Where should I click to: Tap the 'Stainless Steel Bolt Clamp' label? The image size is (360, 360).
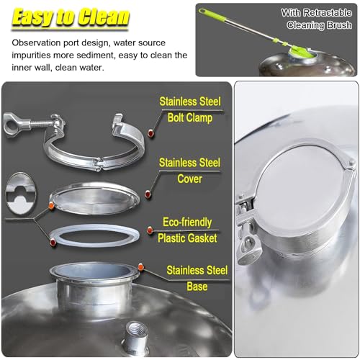(x=190, y=109)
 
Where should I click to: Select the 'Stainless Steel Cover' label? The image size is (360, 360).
(x=190, y=170)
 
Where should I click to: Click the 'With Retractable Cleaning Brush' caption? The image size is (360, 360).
(x=317, y=18)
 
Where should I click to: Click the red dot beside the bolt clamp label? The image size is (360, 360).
(x=150, y=133)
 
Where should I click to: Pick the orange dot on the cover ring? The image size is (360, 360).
(x=51, y=207)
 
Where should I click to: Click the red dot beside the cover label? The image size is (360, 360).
(x=148, y=193)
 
